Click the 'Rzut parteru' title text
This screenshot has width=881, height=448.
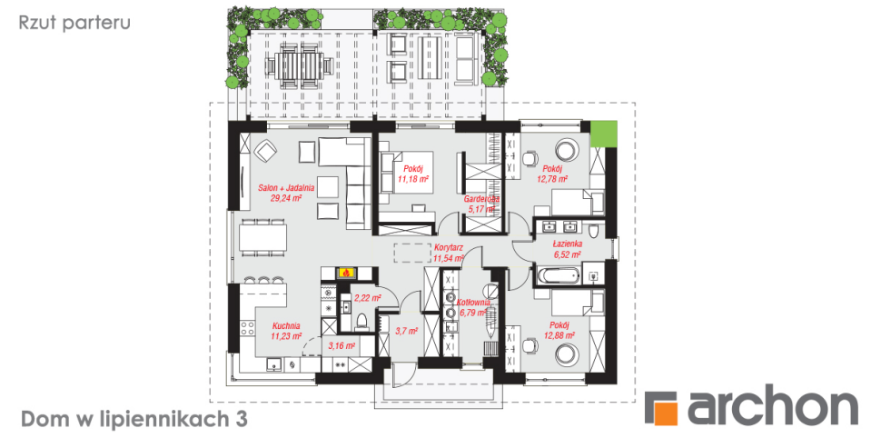(x=74, y=23)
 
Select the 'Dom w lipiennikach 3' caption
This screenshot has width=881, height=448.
(x=134, y=419)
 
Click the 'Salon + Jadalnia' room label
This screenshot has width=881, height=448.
(x=286, y=188)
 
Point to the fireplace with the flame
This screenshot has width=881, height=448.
(x=346, y=274)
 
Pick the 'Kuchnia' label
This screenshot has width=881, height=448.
(x=286, y=325)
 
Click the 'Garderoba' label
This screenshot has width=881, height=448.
(x=481, y=199)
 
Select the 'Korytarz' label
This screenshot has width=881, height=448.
(x=449, y=247)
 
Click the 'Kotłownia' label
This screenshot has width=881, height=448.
(x=473, y=303)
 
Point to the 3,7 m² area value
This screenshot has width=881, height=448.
(x=406, y=332)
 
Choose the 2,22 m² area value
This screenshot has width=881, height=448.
(x=368, y=297)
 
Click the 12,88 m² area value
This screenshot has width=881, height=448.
(x=559, y=335)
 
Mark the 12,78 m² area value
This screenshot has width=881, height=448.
(x=551, y=179)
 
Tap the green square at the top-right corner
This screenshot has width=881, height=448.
(x=604, y=134)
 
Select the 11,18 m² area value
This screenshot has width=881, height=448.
(x=413, y=179)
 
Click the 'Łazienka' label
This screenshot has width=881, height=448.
(x=567, y=244)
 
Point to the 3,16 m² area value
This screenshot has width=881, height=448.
(x=342, y=345)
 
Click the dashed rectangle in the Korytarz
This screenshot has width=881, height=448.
(x=412, y=253)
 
